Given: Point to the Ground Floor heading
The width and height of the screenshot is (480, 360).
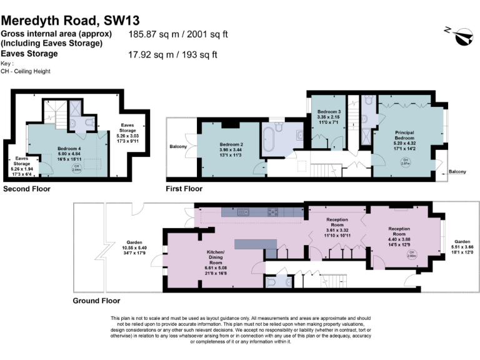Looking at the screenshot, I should coord(96,301).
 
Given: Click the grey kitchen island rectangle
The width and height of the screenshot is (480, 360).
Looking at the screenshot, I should coord(256,242).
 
